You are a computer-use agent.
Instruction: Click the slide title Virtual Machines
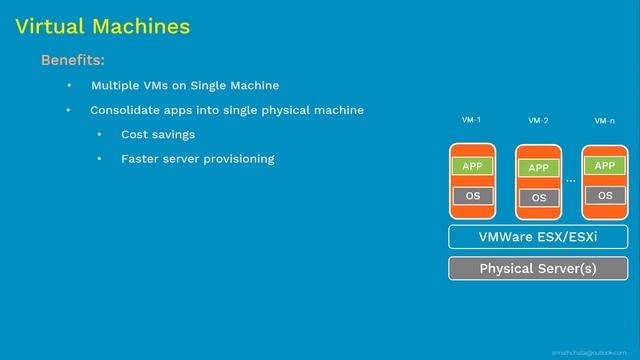(x=102, y=26)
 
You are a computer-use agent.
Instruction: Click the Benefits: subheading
(x=73, y=61)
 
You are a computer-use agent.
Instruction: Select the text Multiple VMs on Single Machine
(x=185, y=85)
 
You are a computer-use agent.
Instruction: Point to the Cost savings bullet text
(x=158, y=134)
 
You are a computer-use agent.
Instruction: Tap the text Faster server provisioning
(x=197, y=159)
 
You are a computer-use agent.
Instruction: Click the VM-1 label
(x=471, y=120)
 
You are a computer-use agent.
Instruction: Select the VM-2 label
(x=538, y=121)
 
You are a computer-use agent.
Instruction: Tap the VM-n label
(x=604, y=121)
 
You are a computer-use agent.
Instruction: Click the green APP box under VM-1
(x=472, y=166)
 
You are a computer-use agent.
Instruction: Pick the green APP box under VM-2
(x=538, y=168)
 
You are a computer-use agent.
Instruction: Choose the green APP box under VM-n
(x=604, y=165)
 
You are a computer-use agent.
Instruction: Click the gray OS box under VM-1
(x=472, y=196)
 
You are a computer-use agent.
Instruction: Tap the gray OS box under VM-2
(x=538, y=198)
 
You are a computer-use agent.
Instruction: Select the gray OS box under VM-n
(x=604, y=196)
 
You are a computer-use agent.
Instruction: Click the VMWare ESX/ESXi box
(x=538, y=237)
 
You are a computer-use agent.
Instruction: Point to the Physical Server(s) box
(x=538, y=268)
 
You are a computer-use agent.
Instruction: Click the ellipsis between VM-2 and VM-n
(x=571, y=181)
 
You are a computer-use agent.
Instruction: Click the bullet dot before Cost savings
(x=99, y=134)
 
